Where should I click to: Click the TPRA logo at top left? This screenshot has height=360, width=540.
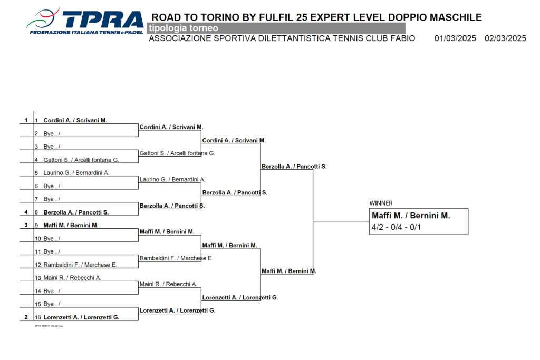pyautogui.click(x=85, y=22)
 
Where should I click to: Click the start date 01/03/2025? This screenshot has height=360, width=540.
pyautogui.click(x=455, y=38)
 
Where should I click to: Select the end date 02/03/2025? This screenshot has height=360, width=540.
pyautogui.click(x=505, y=38)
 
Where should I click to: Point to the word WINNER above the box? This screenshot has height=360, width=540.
pyautogui.click(x=381, y=203)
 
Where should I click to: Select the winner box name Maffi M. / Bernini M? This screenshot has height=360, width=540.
pyautogui.click(x=411, y=216)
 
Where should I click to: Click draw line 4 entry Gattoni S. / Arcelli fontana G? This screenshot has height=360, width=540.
pyautogui.click(x=81, y=160)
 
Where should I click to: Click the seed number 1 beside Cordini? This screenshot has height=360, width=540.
pyautogui.click(x=26, y=120)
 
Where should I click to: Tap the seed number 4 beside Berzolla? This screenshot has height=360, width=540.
pyautogui.click(x=26, y=212)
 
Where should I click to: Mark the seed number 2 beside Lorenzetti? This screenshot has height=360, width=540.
pyautogui.click(x=26, y=317)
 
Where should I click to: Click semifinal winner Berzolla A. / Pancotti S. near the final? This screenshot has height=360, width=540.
pyautogui.click(x=294, y=167)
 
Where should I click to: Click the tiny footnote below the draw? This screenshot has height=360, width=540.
pyautogui.click(x=49, y=326)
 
